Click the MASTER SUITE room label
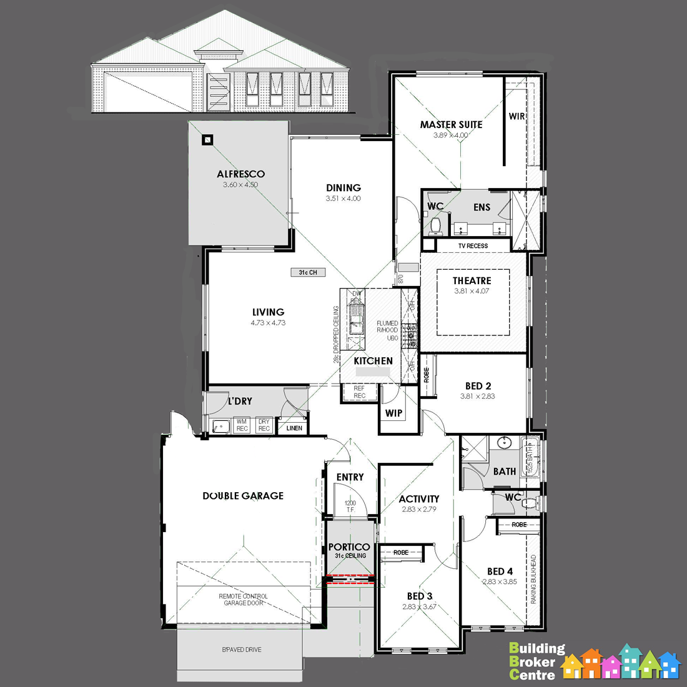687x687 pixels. click(x=451, y=125)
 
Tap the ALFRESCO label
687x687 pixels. click(x=240, y=174)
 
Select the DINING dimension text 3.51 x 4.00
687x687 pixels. click(x=343, y=199)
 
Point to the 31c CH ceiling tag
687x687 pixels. click(x=308, y=273)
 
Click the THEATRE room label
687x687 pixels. click(x=472, y=281)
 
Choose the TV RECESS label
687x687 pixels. click(x=473, y=246)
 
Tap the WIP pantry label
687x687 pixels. click(x=393, y=413)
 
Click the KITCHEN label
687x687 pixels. click(x=373, y=361)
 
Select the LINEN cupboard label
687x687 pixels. click(x=294, y=428)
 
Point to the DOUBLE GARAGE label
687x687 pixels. click(x=243, y=496)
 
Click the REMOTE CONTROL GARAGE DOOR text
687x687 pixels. click(x=243, y=600)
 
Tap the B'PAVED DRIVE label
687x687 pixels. click(x=242, y=650)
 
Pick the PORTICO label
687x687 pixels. click(x=349, y=547)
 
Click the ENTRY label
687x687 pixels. click(x=350, y=477)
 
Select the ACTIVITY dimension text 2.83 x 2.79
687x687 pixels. click(x=419, y=510)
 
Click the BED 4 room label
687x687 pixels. click(x=500, y=571)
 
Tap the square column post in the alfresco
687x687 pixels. click(x=207, y=141)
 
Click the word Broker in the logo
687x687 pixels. click(x=532, y=662)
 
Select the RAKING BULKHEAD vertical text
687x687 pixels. click(x=534, y=579)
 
